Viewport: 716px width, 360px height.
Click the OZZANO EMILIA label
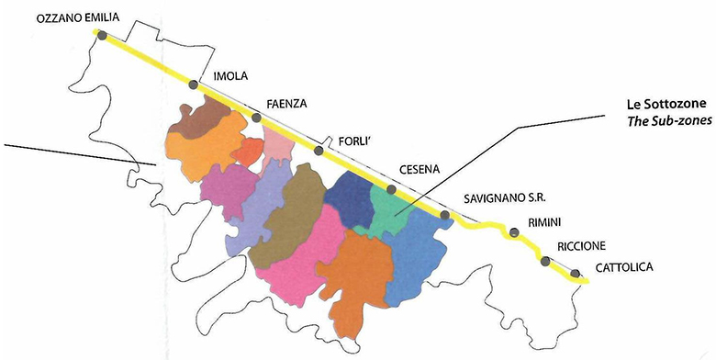pos(72,17)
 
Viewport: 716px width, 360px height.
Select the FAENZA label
pos(285,103)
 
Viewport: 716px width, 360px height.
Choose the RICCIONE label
pos(583,247)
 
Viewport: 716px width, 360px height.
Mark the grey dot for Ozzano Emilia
pos(102,36)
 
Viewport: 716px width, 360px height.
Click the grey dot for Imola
pos(193,84)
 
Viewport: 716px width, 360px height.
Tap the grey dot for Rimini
pos(514,232)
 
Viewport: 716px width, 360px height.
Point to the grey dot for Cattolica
pos(576,273)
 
